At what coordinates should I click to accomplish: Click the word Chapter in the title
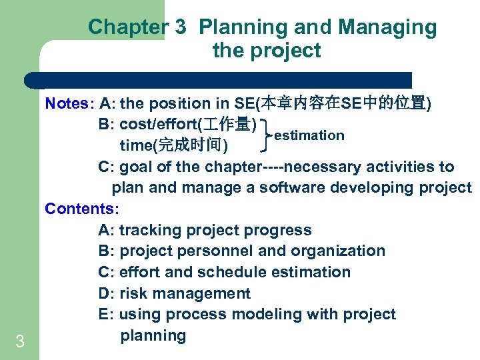(x=125, y=27)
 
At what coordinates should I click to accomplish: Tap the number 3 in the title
(x=180, y=27)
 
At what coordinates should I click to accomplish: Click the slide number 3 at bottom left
(x=19, y=343)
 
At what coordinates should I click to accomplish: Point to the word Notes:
(x=70, y=103)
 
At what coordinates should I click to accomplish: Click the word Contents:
(x=82, y=209)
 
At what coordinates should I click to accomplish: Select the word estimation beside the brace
(x=309, y=135)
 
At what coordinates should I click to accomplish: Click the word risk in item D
(x=133, y=294)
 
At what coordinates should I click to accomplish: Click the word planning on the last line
(x=153, y=336)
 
